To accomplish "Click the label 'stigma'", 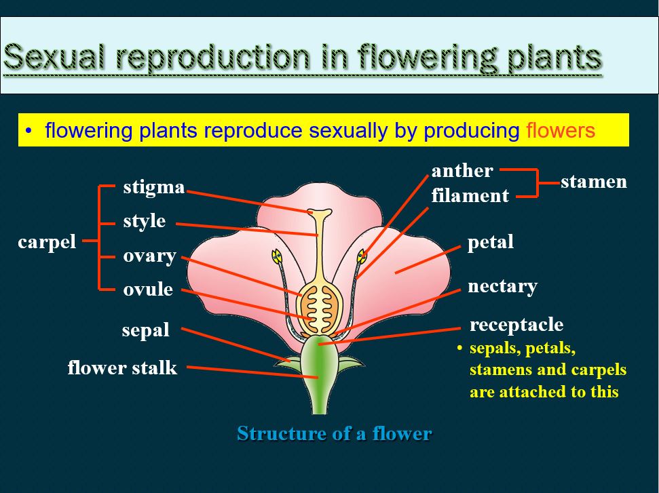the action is (154, 187).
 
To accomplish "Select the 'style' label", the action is (144, 221).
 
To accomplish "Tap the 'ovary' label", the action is (149, 256).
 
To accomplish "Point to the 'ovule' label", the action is (148, 290).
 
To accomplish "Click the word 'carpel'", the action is (47, 242).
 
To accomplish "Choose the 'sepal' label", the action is (145, 330).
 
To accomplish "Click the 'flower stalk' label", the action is (122, 368).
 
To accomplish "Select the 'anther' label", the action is (462, 170).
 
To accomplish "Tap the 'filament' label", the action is (470, 195).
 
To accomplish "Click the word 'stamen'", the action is (594, 182).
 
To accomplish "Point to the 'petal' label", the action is (491, 242).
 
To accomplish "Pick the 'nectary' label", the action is (503, 287).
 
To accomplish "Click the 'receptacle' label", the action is (516, 325).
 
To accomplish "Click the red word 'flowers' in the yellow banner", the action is (561, 130).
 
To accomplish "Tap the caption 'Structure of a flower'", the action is (335, 433).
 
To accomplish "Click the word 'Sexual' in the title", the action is (54, 57).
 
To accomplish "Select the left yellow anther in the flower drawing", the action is (276, 256).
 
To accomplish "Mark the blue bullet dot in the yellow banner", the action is (29, 131).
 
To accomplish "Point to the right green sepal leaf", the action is (350, 363).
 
